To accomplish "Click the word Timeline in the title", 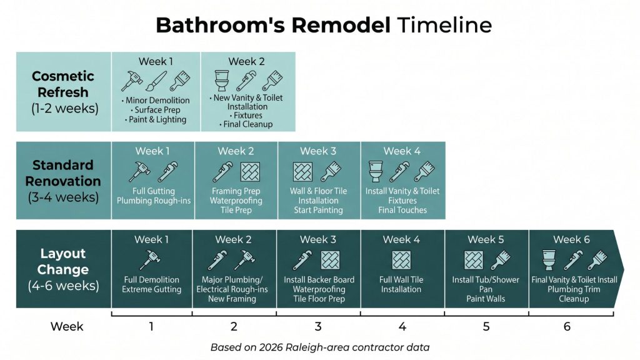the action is [444, 25].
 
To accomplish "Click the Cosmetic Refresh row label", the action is [64, 92].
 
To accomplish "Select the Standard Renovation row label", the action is [63, 181].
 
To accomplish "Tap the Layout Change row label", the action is [63, 269].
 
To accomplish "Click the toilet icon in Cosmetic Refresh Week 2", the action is [222, 81].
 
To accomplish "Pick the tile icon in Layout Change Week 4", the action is [401, 260].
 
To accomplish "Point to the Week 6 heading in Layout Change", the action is [571, 239].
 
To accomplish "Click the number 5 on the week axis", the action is [486, 326].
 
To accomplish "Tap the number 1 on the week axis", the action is [151, 326].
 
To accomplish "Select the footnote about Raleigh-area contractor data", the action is [320, 347].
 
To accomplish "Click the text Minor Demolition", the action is [157, 101].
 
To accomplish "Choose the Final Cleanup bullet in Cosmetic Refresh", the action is [247, 124].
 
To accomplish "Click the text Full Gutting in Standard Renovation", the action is [154, 191].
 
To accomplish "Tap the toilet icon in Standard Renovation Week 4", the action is [376, 171].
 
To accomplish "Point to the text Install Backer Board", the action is [319, 279].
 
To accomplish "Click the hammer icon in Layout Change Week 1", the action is [151, 259].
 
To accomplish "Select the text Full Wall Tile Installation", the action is [401, 284].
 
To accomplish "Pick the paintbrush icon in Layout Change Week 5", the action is [501, 260].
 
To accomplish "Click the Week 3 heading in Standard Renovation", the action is [318, 151].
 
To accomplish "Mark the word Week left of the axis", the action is [67, 326].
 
